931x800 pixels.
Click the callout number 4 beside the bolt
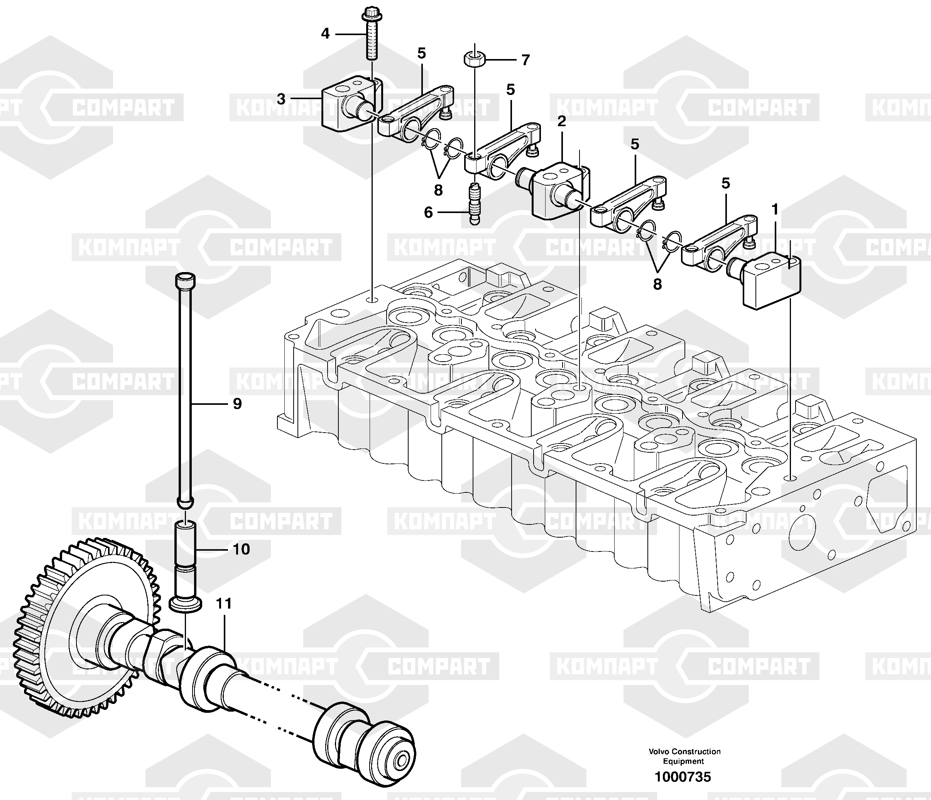(x=325, y=33)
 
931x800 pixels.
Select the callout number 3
(x=281, y=99)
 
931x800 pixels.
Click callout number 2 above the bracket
(x=562, y=121)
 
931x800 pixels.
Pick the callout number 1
(x=775, y=210)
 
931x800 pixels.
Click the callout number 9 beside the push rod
(x=237, y=404)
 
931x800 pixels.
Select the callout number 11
(x=224, y=603)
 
